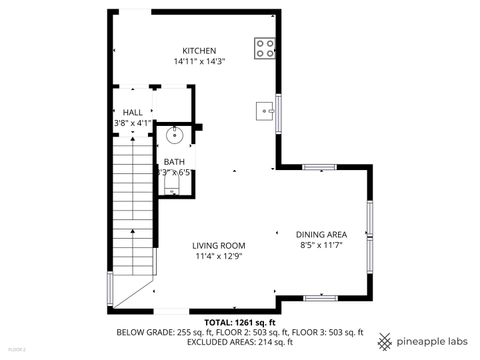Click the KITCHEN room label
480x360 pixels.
coord(198,51)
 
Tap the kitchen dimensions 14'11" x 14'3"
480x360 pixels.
coord(198,62)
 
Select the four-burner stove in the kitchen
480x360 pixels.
coord(265,48)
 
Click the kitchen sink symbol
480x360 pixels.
coord(265,109)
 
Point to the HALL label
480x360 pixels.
coord(132,113)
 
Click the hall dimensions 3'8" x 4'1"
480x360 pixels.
coord(132,123)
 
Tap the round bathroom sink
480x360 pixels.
coord(173,135)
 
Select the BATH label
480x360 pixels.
coord(174,161)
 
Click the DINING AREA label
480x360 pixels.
coord(322,234)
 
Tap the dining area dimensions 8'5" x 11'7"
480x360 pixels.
coord(322,245)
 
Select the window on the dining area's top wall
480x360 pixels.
coord(319,167)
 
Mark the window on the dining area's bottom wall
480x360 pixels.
coord(319,297)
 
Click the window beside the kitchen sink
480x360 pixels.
coord(279,113)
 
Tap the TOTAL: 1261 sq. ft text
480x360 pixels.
coord(239,322)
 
